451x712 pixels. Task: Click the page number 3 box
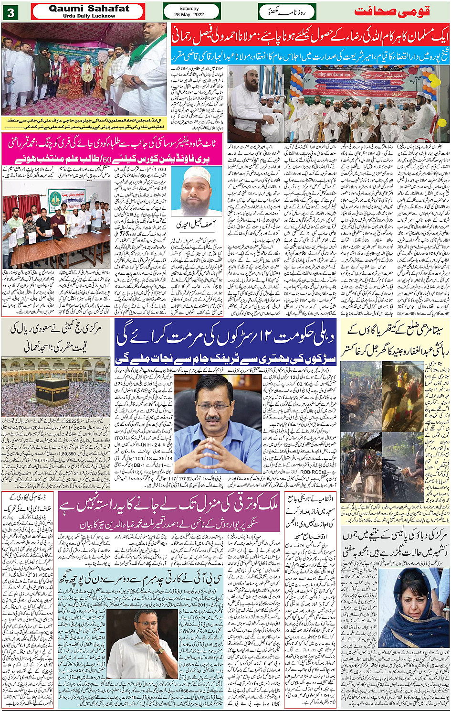(x=10, y=12)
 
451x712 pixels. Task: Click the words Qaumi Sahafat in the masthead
(x=89, y=9)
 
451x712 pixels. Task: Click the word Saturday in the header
(x=189, y=9)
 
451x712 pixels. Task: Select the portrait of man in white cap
(x=195, y=191)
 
